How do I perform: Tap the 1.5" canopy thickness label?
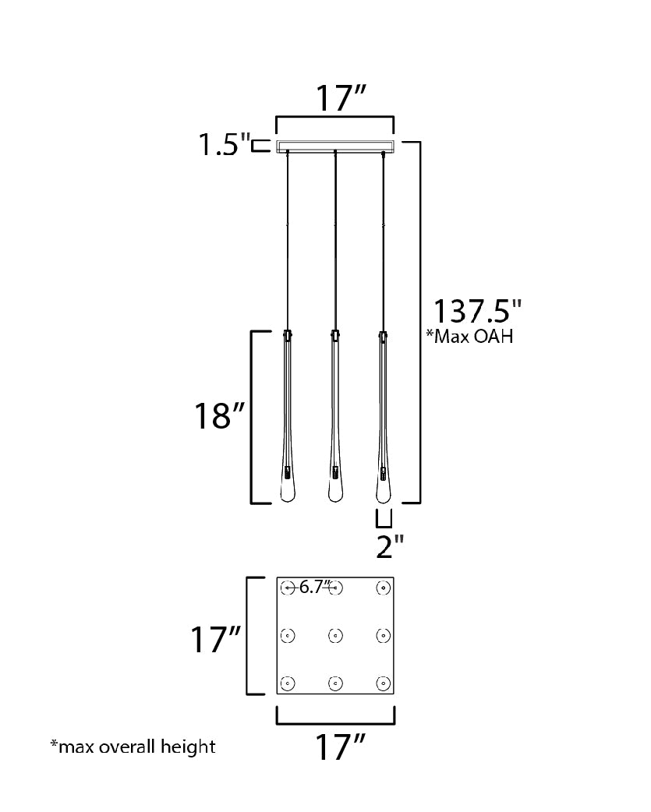point(225,144)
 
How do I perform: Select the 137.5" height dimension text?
point(476,311)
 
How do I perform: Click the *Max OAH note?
point(469,336)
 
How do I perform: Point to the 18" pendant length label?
point(219,415)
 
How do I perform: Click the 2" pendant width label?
point(390,546)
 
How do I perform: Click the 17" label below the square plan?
point(340,747)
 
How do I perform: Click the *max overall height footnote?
point(133,747)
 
